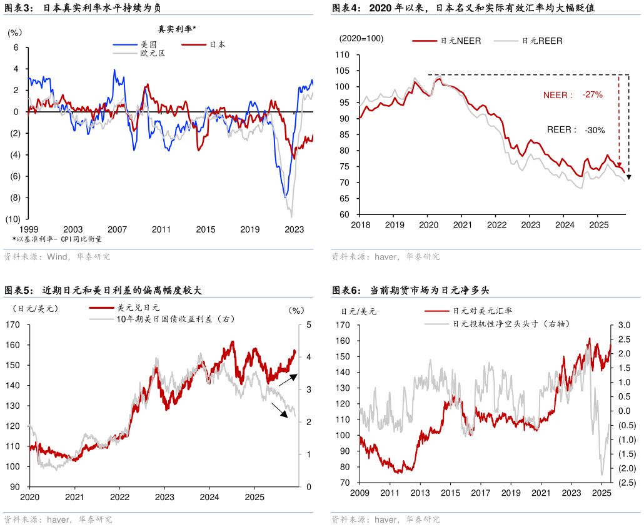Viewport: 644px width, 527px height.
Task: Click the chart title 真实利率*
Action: coord(176,29)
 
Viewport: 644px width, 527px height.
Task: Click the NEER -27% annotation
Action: coord(572,94)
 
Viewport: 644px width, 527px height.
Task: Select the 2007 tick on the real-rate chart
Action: coord(118,229)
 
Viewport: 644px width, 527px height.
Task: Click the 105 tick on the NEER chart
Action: coord(342,71)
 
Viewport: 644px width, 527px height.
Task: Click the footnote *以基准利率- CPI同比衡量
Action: coord(57,239)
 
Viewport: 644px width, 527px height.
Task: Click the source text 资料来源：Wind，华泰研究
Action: coord(57,256)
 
